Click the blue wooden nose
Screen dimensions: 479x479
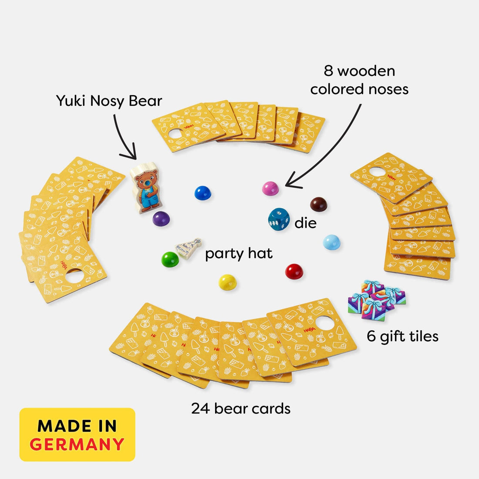click(202, 193)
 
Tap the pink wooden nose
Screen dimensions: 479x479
click(270, 189)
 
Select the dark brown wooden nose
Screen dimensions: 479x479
click(318, 204)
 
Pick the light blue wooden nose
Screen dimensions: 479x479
click(332, 242)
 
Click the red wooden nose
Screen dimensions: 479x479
click(294, 272)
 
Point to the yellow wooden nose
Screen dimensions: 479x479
click(227, 282)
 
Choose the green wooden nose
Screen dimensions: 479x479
click(170, 260)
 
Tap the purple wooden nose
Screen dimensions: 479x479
click(161, 218)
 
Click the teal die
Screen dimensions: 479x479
click(279, 219)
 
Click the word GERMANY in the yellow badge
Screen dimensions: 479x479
click(78, 444)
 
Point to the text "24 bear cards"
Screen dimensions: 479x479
click(241, 408)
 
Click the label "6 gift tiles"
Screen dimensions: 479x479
click(402, 336)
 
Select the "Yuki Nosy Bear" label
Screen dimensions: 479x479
click(109, 101)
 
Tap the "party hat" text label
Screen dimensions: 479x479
click(239, 253)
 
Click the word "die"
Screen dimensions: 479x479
click(306, 223)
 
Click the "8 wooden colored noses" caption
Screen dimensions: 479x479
click(359, 80)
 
